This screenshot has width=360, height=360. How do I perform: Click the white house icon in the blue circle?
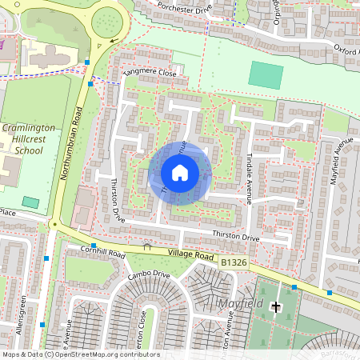tap(180, 173)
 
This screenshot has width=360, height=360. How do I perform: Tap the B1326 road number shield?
tap(234, 262)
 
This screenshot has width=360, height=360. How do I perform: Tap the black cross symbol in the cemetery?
tap(277, 306)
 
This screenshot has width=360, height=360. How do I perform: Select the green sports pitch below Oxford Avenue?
tap(266, 75)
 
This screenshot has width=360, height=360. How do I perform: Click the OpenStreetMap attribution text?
tap(80, 354)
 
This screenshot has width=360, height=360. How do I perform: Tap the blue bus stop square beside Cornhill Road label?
tap(94, 246)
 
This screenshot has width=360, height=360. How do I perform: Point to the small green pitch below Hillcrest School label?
tap(30, 202)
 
